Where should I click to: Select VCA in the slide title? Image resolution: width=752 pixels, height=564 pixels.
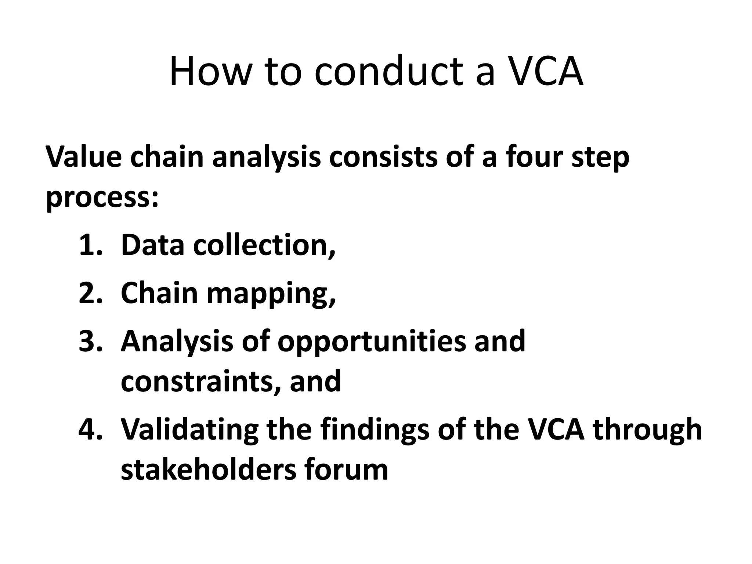pyautogui.click(x=545, y=72)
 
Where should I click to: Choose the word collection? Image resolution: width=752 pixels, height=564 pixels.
pyautogui.click(x=264, y=245)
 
